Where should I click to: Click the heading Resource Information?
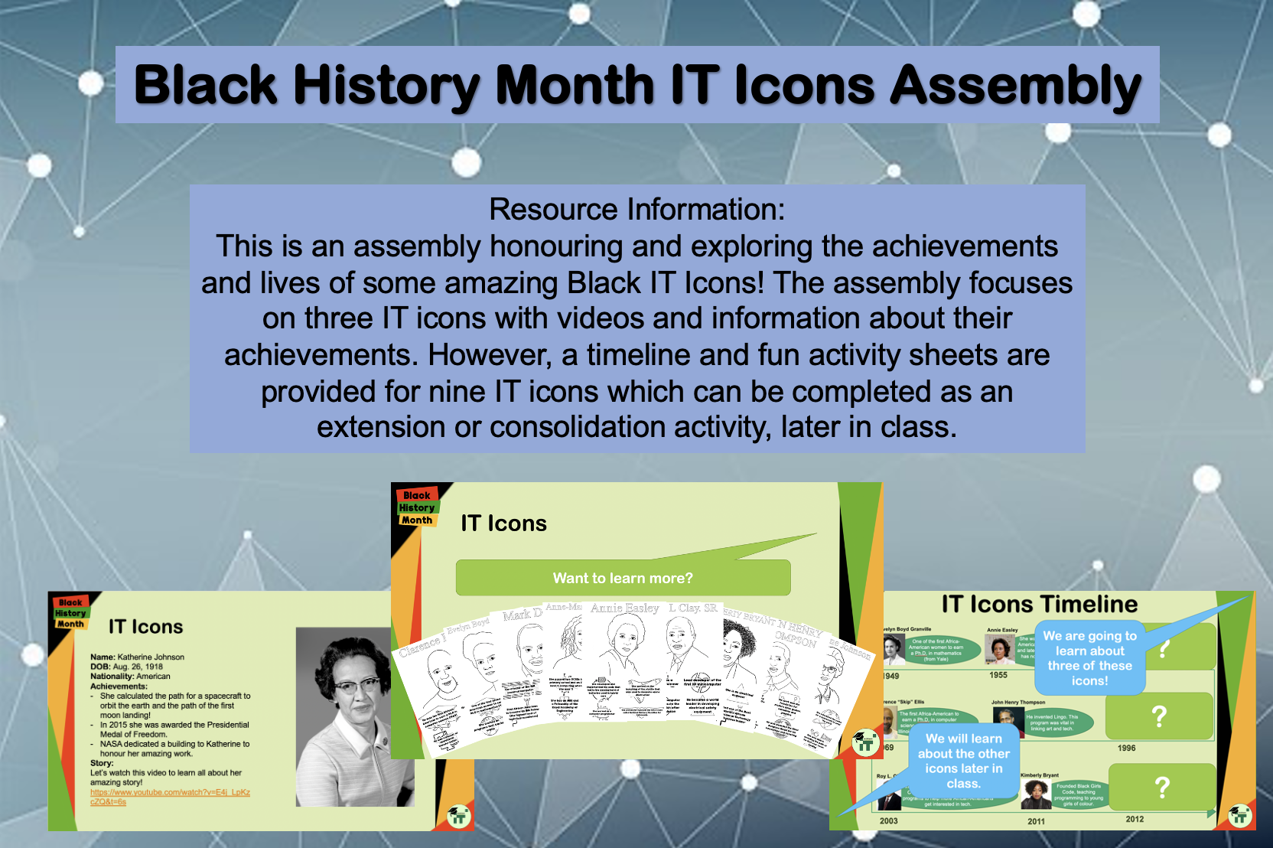point(636,209)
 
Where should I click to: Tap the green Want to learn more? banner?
point(623,578)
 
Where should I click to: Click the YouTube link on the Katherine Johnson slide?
point(170,797)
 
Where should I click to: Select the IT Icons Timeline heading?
point(1039,604)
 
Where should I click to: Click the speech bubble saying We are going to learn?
point(1089,658)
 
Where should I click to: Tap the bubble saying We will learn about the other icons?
point(963,761)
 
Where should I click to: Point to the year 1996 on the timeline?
point(1126,748)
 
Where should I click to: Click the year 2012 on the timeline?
point(1135,819)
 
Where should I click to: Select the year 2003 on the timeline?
point(888,820)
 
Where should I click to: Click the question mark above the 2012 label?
point(1161,787)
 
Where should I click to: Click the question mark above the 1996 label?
point(1159,716)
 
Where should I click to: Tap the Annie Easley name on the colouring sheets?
point(624,608)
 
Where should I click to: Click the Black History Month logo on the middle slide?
point(417,507)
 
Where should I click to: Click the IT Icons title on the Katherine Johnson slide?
point(145,627)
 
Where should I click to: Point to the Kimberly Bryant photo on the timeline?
point(1036,794)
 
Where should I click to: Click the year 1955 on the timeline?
point(998,675)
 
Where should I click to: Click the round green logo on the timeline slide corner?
point(1240,815)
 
